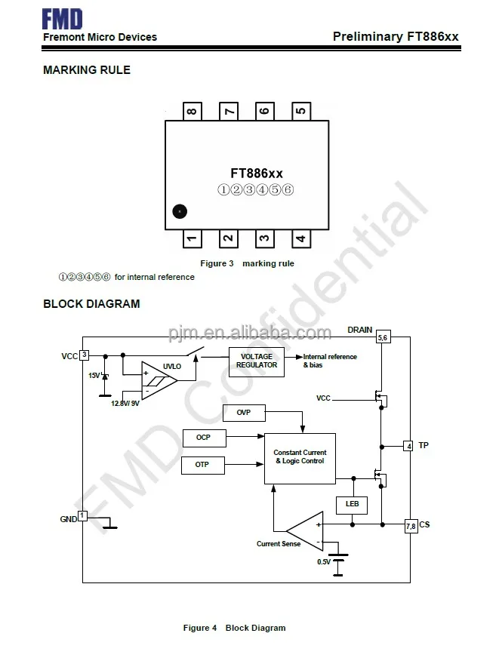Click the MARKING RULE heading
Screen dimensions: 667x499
pyautogui.click(x=87, y=70)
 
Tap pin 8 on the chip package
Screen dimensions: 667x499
pyautogui.click(x=192, y=111)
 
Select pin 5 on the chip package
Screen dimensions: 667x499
pyautogui.click(x=300, y=111)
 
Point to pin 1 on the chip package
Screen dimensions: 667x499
pyautogui.click(x=192, y=239)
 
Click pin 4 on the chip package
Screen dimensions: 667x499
pyautogui.click(x=300, y=239)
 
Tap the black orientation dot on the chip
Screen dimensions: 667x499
pyautogui.click(x=179, y=212)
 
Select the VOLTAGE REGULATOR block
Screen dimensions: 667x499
pyautogui.click(x=257, y=361)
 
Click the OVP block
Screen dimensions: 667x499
pyautogui.click(x=243, y=413)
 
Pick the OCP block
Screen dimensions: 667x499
pyautogui.click(x=203, y=438)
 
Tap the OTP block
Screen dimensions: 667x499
pyautogui.click(x=202, y=464)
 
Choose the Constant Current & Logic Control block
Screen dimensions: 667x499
pyautogui.click(x=300, y=456)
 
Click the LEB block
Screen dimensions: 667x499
pyautogui.click(x=352, y=504)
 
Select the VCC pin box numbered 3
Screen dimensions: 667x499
pyautogui.click(x=85, y=355)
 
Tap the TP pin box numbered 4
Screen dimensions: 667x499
pyautogui.click(x=408, y=446)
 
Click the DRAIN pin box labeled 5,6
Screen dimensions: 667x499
pyautogui.click(x=383, y=337)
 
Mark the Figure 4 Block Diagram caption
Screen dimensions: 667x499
pyautogui.click(x=235, y=628)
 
